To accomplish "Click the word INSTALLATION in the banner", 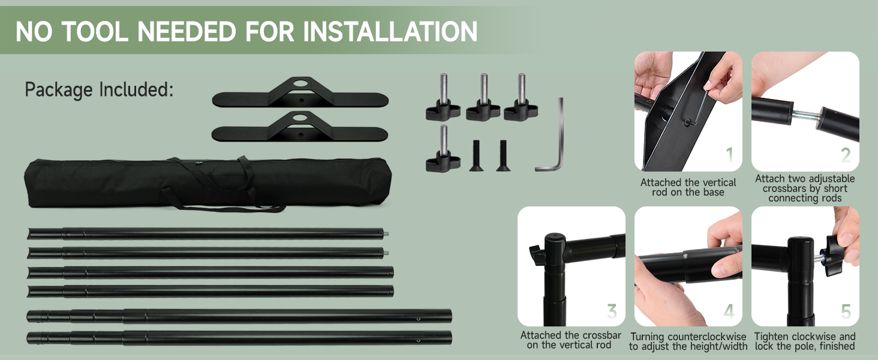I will (390, 31).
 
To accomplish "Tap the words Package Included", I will (99, 90).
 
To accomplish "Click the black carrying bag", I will (208, 182).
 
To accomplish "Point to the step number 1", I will (729, 155).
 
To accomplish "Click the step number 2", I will (846, 155).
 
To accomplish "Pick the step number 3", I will (612, 311).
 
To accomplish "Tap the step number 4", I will (729, 311).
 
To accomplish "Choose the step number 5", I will (846, 311).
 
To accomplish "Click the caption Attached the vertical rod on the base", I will (688, 187).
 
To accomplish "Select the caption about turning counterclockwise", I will (688, 341).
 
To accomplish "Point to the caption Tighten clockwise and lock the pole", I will (805, 341).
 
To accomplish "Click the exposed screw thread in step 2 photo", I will (804, 115).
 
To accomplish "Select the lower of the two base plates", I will (300, 128).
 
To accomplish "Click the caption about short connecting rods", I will (805, 188).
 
